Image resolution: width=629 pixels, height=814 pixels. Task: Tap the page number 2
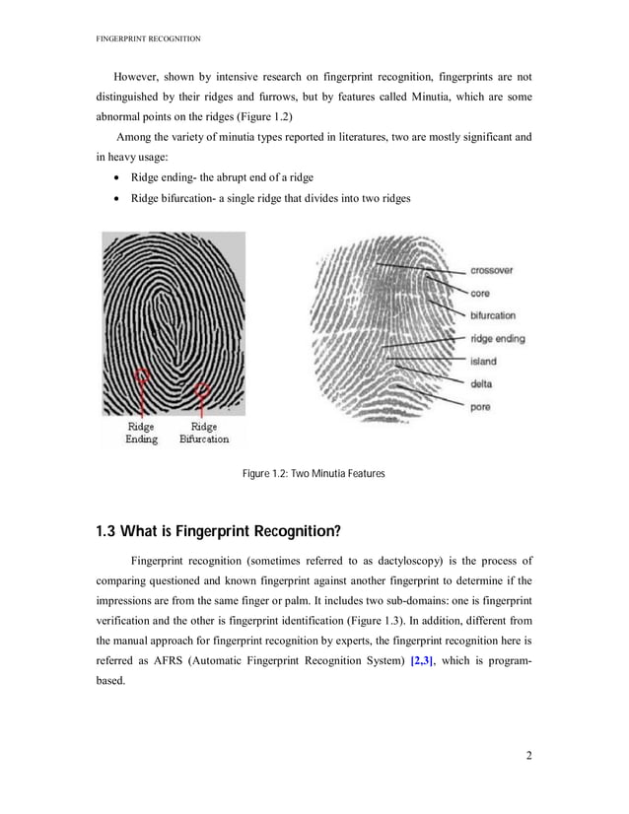tap(529, 756)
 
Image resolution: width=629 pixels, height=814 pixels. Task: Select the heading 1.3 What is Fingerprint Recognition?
tap(218, 532)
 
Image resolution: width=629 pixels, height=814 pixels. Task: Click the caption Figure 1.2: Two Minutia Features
tap(314, 475)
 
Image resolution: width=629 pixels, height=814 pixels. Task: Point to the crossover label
tap(491, 270)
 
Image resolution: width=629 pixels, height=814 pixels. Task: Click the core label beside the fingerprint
tap(480, 293)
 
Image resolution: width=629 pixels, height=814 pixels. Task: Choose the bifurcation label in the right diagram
tap(492, 315)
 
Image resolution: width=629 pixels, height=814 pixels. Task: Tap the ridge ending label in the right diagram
tap(497, 338)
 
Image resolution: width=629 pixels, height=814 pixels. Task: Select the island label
tap(482, 361)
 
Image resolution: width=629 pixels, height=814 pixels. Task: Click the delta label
tap(481, 383)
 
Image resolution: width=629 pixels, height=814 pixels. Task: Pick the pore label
tap(480, 406)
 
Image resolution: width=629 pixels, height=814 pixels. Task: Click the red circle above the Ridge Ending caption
tap(143, 375)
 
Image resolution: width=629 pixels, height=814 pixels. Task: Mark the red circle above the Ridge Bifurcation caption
tap(204, 390)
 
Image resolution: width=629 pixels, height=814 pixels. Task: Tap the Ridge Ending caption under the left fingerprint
tap(141, 433)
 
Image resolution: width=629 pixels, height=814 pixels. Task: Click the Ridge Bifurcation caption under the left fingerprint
tap(204, 433)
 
